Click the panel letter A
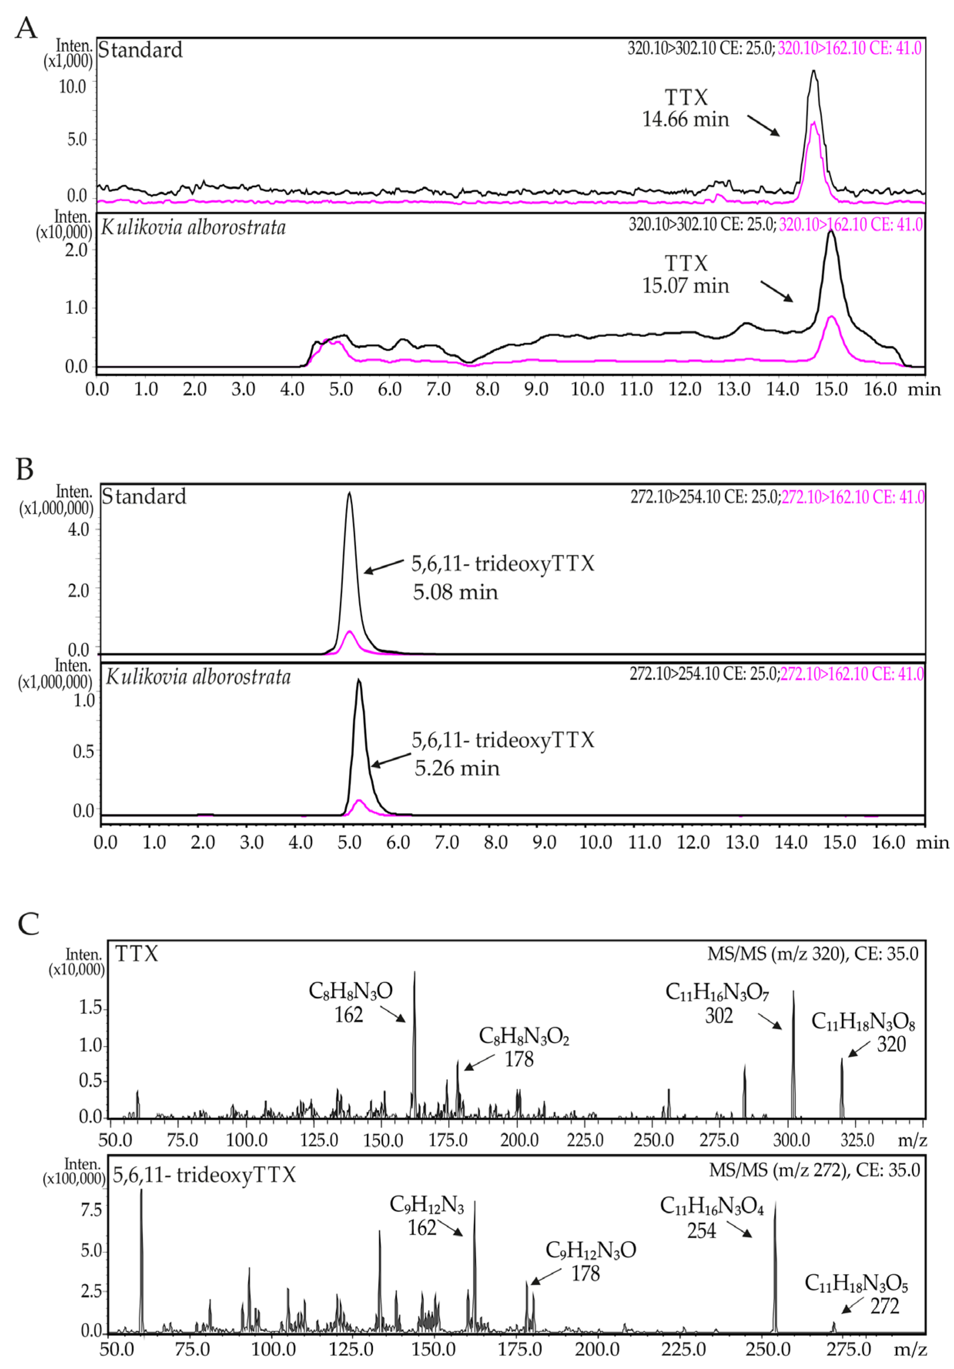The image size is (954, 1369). pos(26,28)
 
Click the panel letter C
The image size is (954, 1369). pos(28,924)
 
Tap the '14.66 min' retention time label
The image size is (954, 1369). pos(685,119)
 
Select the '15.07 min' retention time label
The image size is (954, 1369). pos(685,286)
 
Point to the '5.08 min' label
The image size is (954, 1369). pos(455,592)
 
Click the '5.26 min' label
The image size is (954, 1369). pos(457,768)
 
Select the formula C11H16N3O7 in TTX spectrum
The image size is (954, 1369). pos(717,992)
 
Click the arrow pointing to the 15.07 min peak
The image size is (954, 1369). pos(776,291)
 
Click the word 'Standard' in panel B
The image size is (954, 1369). pos(144,497)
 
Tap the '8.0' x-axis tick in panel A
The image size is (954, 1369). pos(487,389)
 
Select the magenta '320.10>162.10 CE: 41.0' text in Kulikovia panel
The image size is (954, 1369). pos(851,225)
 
